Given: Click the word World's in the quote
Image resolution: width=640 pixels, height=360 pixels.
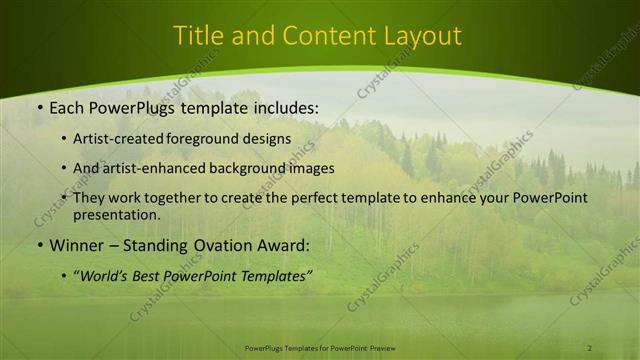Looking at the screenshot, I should pyautogui.click(x=107, y=275).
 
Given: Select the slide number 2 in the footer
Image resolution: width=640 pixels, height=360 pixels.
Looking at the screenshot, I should pyautogui.click(x=590, y=347).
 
